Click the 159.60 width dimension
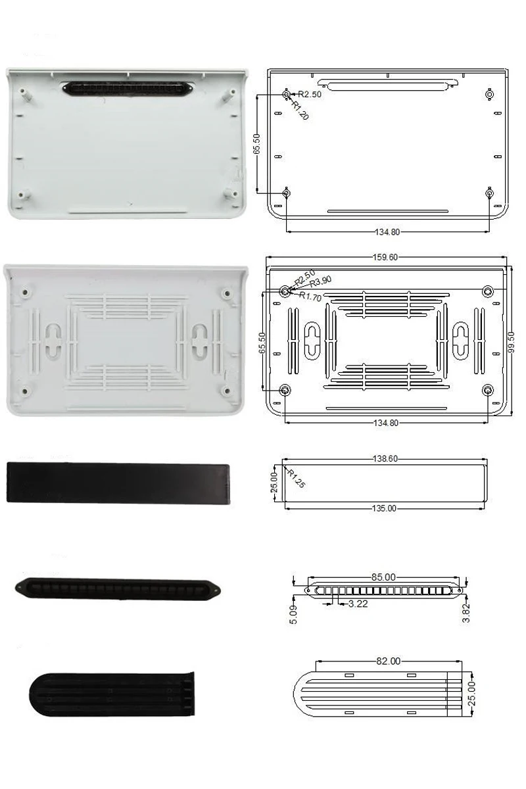385,257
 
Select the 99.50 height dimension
512,342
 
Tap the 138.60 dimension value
385,459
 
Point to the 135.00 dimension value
385,508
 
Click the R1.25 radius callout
296,479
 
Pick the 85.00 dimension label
383,577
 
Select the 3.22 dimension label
358,604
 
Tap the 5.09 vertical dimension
293,615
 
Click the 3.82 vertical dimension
466,613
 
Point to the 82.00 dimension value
388,661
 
